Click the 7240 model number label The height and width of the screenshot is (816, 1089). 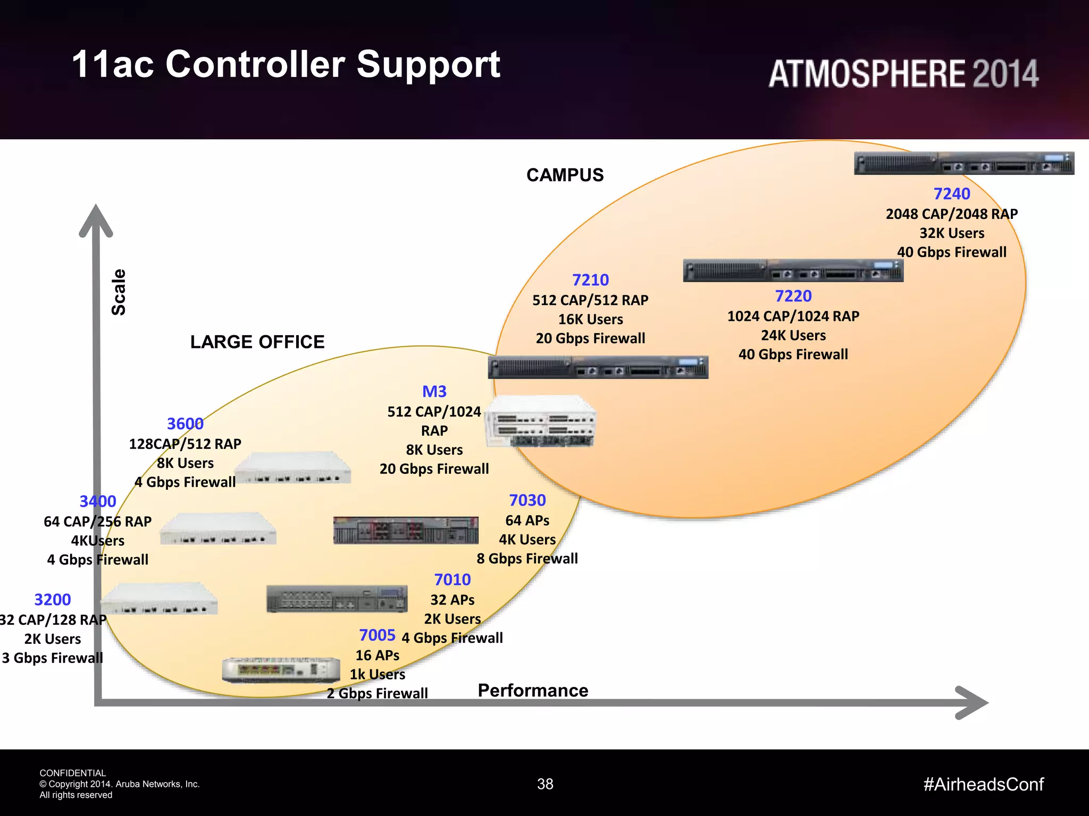point(951,194)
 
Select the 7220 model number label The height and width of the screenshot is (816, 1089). point(793,296)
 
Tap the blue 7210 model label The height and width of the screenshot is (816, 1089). point(590,280)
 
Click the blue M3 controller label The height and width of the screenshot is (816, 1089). point(434,392)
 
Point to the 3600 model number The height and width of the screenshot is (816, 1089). point(185,424)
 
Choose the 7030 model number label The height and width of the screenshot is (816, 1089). point(527,500)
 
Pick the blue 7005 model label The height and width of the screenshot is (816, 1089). point(377,635)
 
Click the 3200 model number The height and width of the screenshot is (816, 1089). point(53,600)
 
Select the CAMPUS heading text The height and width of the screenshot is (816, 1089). point(565,175)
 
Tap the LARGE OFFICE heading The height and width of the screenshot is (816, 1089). point(257,342)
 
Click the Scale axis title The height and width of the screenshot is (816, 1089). point(119,292)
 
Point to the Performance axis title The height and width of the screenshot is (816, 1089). point(533,691)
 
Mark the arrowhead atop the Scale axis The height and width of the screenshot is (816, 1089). point(96,220)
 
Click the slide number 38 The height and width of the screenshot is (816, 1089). point(545,784)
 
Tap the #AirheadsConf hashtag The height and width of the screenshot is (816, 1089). point(983,784)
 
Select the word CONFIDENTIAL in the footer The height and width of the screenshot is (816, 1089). point(73,773)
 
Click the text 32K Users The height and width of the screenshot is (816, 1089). point(952,233)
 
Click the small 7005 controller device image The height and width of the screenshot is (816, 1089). point(281,670)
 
